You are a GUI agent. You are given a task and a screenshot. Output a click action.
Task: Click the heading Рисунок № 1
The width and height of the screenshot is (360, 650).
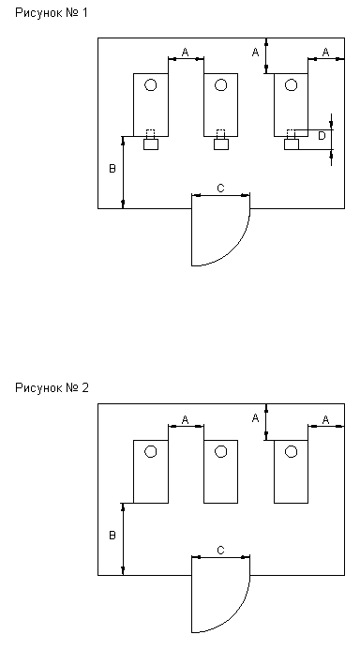point(52,13)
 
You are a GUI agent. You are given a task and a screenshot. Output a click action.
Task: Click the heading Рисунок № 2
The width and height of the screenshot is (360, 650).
point(52,388)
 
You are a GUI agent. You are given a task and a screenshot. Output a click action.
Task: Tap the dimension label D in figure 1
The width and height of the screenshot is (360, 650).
point(322,136)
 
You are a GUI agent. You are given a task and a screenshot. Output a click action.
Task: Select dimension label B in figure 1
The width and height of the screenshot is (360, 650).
point(112,169)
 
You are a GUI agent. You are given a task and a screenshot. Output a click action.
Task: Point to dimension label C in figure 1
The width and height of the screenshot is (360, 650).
point(220,189)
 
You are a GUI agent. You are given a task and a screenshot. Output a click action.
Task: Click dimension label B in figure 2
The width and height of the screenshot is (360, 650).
point(112,536)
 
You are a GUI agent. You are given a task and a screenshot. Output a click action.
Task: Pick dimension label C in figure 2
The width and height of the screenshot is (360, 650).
point(220,551)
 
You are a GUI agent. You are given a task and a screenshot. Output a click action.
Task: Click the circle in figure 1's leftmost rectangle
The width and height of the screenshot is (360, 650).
point(151,85)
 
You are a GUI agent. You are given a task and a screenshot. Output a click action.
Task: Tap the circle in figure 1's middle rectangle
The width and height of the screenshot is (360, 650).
point(221,85)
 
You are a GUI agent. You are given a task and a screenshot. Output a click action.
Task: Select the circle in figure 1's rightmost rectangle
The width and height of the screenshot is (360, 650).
point(292,85)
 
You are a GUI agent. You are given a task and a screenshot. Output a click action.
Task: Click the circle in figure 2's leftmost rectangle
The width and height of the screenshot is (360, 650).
point(151,451)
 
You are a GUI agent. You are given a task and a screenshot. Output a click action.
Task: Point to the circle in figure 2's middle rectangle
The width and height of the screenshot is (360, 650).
point(221,451)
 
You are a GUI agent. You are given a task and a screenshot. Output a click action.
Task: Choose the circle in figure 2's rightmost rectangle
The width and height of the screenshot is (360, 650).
point(292,451)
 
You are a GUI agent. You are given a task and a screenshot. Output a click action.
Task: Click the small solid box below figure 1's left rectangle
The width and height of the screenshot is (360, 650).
point(151,144)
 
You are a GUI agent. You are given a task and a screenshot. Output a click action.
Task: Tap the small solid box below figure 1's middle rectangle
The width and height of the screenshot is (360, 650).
point(221,144)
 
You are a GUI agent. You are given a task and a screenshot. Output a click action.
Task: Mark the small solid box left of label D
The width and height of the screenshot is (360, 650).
point(292,144)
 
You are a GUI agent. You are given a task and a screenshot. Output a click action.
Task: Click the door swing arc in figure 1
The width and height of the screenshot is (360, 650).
point(233,249)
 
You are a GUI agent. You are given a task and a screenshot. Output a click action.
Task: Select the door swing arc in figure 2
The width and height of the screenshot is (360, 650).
point(233,616)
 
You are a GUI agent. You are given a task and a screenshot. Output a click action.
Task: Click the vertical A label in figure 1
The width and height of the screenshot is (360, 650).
point(256,53)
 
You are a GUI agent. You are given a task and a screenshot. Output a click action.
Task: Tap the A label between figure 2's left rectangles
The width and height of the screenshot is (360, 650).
point(186,419)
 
